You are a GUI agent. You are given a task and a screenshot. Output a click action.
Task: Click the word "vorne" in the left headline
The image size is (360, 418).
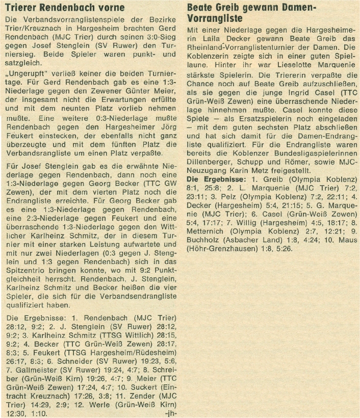pyautogui.click(x=114, y=8)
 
